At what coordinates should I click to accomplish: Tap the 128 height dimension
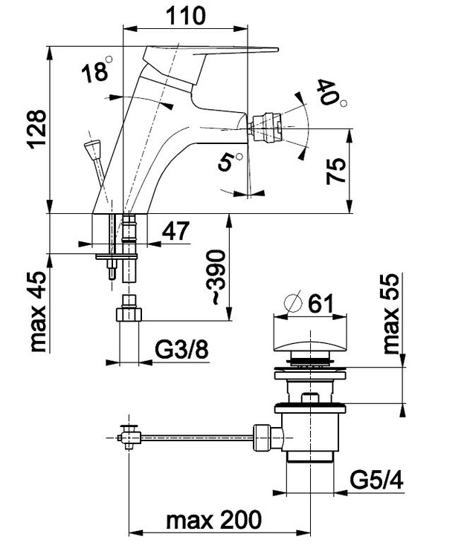[x=36, y=131]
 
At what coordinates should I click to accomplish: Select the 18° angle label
[x=94, y=72]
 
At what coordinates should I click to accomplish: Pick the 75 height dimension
[x=336, y=172]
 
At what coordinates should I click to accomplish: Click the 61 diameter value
[x=318, y=303]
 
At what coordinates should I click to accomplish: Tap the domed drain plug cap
[x=310, y=343]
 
